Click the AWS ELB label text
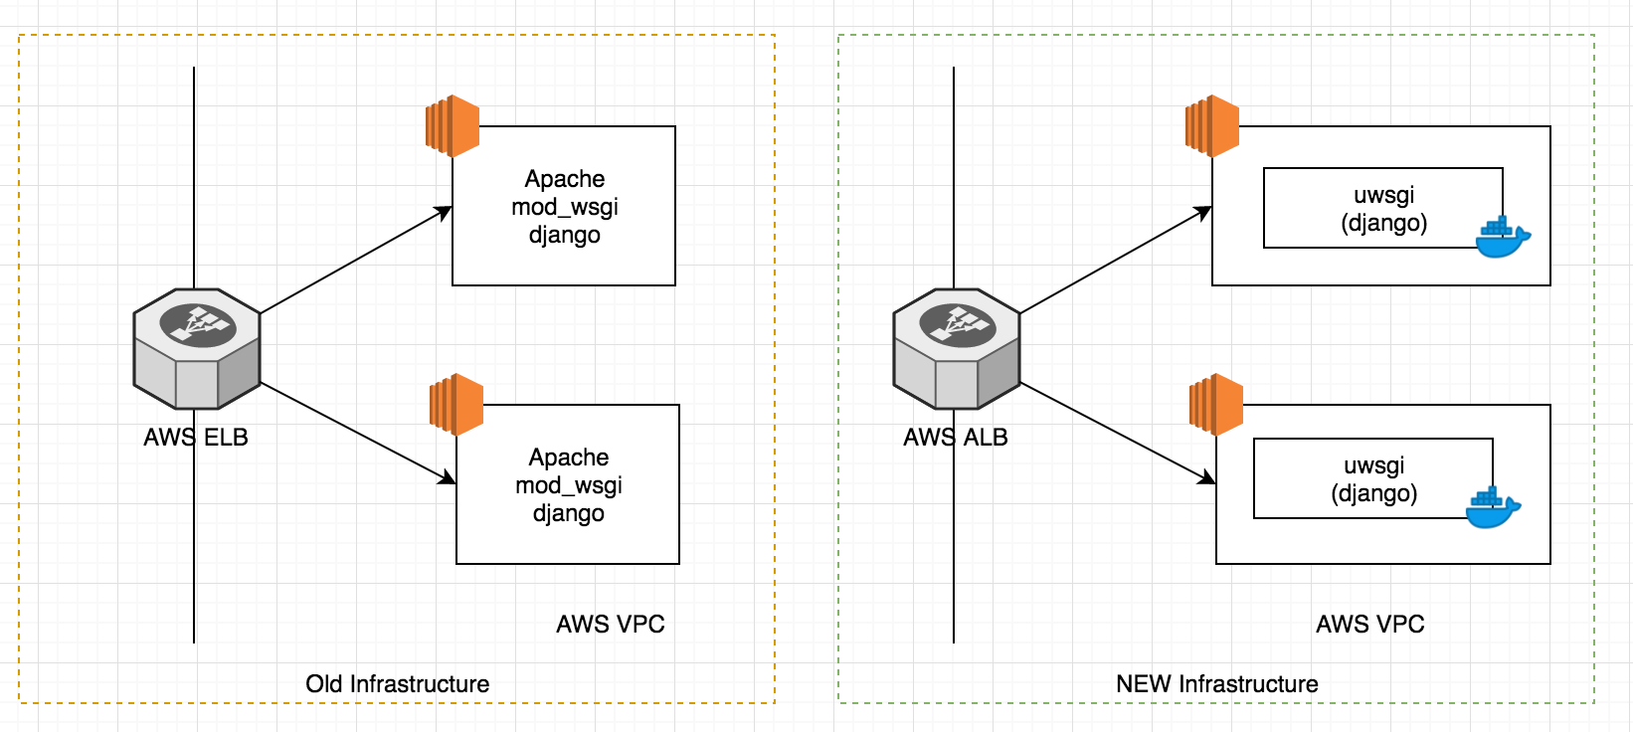(196, 438)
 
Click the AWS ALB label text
(955, 438)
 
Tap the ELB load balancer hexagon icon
(197, 348)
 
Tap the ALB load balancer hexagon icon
(957, 348)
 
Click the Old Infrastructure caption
(397, 684)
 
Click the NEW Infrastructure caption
(1216, 684)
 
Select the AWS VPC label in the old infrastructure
(610, 625)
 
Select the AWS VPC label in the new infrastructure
(1369, 625)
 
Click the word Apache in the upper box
(564, 179)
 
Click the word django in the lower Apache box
(568, 513)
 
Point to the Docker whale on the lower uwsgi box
(1492, 508)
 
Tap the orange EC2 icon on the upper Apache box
(453, 126)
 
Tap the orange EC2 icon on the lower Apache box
(456, 404)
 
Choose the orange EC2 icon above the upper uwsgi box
(1212, 126)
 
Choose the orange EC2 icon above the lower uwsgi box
(1216, 404)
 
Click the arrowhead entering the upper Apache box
(444, 212)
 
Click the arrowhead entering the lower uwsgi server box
(1206, 478)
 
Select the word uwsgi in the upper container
(1383, 195)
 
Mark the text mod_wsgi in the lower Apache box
(568, 485)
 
